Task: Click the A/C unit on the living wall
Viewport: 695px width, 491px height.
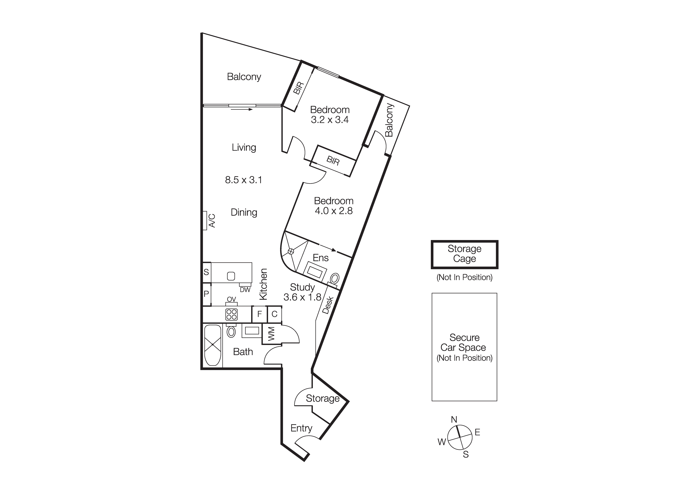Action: pos(205,221)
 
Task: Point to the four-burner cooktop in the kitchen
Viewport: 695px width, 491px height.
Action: pos(231,314)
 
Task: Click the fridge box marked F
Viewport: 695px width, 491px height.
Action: pos(259,314)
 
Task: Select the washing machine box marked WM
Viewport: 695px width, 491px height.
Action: pos(271,334)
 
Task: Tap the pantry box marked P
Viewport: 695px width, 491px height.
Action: pos(206,294)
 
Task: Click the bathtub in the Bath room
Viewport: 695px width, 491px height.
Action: pos(213,345)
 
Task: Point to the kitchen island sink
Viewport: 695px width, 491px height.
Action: pos(231,276)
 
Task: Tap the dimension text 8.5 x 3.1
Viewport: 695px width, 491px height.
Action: pos(243,180)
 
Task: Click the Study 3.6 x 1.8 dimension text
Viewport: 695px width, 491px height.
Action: pos(302,297)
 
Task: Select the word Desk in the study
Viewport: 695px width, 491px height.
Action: pos(328,305)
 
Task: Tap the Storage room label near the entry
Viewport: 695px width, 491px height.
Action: pos(322,398)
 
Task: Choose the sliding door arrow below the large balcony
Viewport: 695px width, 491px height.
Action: pos(242,109)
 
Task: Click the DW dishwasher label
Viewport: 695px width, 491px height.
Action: pos(245,290)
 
